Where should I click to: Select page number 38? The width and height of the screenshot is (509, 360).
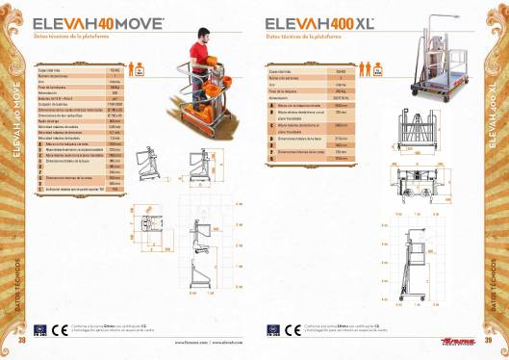pyautogui.click(x=22, y=339)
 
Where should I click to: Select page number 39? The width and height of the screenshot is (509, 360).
pyautogui.click(x=488, y=339)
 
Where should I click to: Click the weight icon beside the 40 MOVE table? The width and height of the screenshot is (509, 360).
pyautogui.click(x=139, y=71)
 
